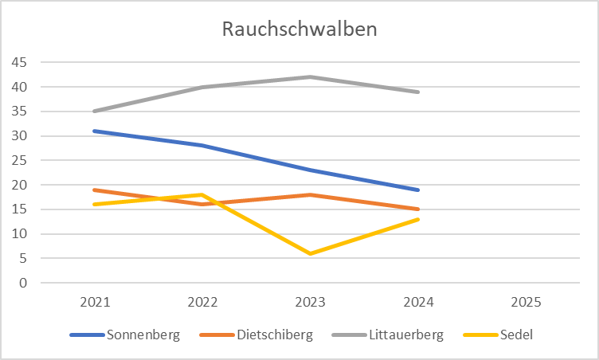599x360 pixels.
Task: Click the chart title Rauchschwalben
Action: coord(299,29)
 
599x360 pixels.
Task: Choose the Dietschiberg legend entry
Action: coord(273,335)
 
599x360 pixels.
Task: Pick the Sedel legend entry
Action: coord(517,335)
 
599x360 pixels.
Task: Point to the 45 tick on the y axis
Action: coord(18,62)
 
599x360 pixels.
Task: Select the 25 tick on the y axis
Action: coord(18,160)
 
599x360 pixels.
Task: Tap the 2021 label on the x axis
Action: coord(95,303)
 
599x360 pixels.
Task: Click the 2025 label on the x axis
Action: coord(526,303)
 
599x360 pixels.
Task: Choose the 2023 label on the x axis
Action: coord(310,303)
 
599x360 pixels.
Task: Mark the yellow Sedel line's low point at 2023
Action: coord(310,253)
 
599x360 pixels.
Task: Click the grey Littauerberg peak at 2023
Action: coord(310,76)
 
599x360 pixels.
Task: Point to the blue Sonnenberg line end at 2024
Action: coord(418,190)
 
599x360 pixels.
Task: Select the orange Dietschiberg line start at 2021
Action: coord(95,190)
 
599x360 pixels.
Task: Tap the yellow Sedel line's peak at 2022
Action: coord(202,194)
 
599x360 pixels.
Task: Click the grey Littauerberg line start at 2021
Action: coord(95,111)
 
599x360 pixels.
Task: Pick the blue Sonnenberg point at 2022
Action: coord(202,145)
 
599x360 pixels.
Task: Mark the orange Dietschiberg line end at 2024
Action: coord(418,209)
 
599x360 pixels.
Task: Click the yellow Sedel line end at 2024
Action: coord(418,219)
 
